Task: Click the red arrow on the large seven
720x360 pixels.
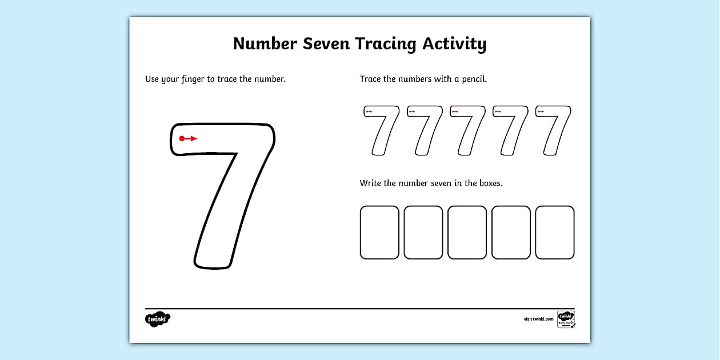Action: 188,138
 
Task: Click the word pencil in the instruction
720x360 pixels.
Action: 473,79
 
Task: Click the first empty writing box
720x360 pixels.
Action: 379,233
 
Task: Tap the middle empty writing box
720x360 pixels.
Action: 467,233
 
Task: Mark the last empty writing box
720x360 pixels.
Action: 555,233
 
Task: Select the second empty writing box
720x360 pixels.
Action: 423,233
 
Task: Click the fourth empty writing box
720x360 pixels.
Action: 511,233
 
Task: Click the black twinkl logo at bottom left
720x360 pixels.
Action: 158,319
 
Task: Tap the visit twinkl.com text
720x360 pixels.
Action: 538,319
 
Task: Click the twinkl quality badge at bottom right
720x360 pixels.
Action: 566,319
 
